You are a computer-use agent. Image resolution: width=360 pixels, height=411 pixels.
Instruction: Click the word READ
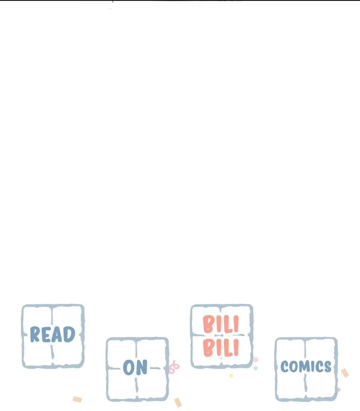[x=52, y=334]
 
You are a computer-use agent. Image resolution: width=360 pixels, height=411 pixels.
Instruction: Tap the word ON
[x=135, y=367]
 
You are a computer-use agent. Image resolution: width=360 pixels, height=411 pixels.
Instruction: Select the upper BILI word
[x=221, y=324]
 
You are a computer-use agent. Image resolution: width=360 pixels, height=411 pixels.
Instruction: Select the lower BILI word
[x=221, y=348]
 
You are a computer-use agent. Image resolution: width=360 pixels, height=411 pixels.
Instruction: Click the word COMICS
[x=306, y=367]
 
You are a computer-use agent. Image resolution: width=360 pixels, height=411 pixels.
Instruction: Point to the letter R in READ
[x=35, y=334]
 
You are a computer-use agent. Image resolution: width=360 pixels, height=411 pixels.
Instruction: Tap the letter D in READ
[x=69, y=334]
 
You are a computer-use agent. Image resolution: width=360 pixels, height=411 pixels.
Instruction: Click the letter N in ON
[x=142, y=367]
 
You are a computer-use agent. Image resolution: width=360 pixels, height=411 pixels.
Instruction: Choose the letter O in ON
[x=129, y=368]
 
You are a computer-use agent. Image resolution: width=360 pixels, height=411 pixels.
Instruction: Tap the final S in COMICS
[x=327, y=367]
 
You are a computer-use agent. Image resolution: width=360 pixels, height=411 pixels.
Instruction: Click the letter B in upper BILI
[x=208, y=324]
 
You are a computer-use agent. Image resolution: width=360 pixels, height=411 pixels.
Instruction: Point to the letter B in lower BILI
[x=208, y=348]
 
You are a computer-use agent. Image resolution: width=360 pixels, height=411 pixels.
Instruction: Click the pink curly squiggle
[x=174, y=367]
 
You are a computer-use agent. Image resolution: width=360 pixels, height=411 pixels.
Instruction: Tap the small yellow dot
[x=231, y=376]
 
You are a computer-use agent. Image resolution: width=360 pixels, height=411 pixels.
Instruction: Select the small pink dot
[x=256, y=359]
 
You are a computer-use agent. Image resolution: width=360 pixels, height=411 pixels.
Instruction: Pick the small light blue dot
[x=256, y=368]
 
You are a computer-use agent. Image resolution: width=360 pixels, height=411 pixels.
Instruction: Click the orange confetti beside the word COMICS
[x=345, y=373]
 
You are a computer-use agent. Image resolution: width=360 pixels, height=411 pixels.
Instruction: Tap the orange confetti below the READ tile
[x=77, y=399]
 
